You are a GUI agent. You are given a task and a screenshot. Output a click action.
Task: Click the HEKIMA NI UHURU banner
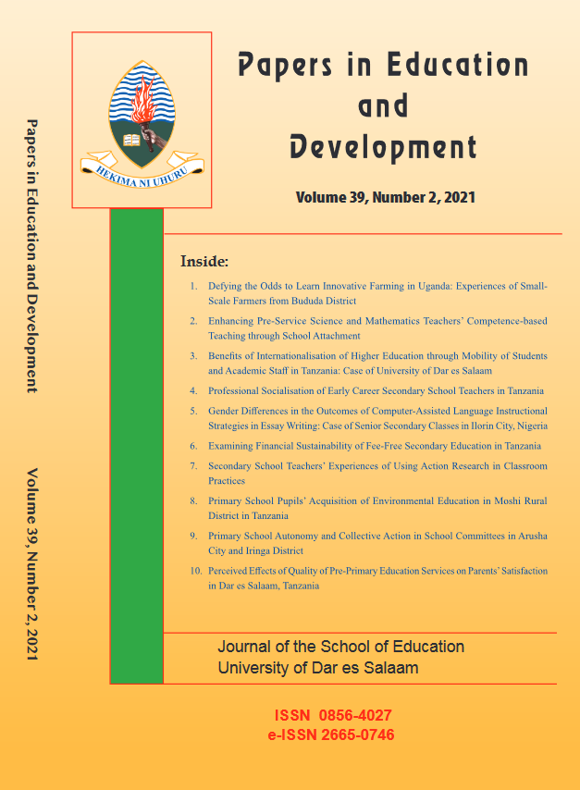(142, 167)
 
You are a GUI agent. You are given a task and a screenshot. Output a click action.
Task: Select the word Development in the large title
(383, 147)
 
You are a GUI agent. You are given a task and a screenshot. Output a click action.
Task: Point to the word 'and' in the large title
(383, 105)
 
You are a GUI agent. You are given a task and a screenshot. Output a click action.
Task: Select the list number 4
(192, 390)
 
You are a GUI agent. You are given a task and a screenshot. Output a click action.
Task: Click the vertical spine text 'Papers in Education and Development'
(32, 254)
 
